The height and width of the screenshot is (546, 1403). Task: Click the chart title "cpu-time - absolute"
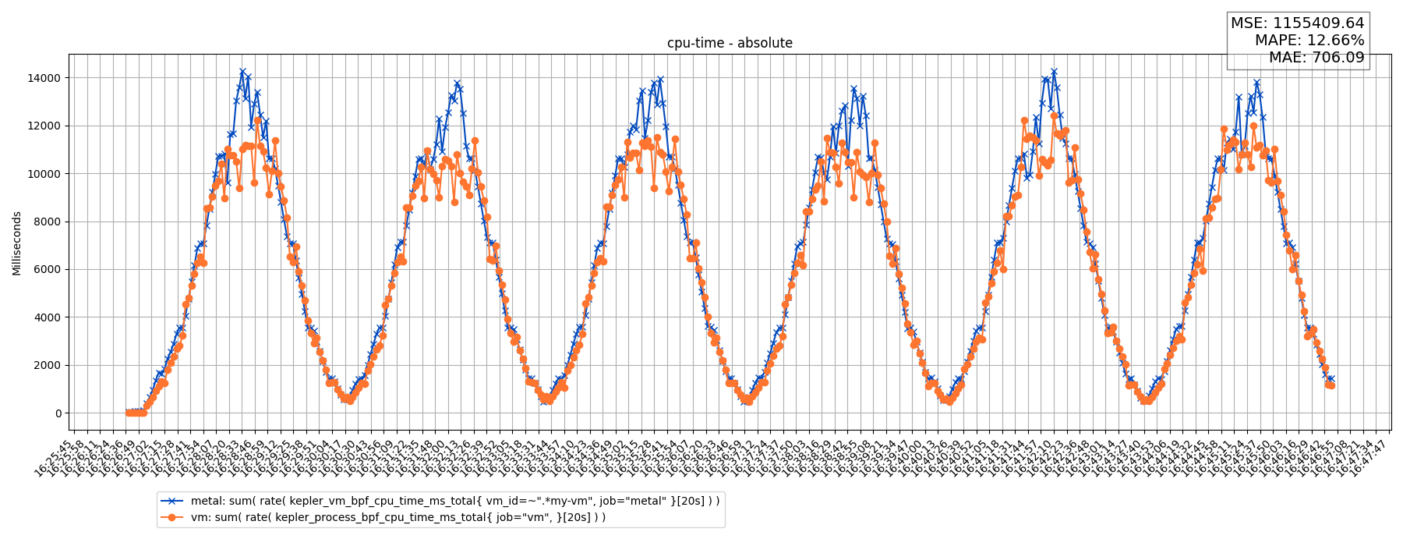730,43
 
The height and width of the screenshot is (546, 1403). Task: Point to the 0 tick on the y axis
58,413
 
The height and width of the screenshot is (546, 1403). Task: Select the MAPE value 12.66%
1339,41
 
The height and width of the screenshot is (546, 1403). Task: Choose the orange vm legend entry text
398,517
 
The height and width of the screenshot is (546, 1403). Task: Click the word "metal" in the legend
205,501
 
